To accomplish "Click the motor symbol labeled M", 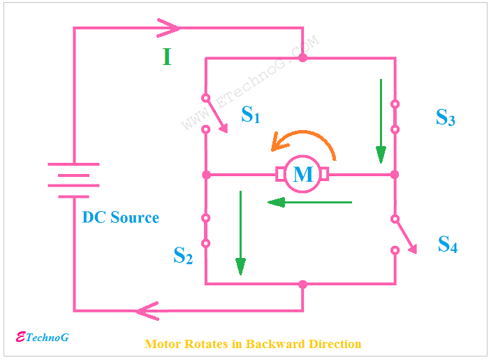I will point(302,174).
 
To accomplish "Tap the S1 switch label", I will point(250,115).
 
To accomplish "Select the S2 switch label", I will point(182,256).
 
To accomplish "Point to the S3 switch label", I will point(446,117).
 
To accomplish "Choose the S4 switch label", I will point(447,245).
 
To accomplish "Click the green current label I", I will point(166,57).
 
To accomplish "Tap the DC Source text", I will point(120,217).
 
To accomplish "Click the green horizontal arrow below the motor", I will point(309,203).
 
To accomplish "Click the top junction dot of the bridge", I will point(302,57).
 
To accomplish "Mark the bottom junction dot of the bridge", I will point(302,285).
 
